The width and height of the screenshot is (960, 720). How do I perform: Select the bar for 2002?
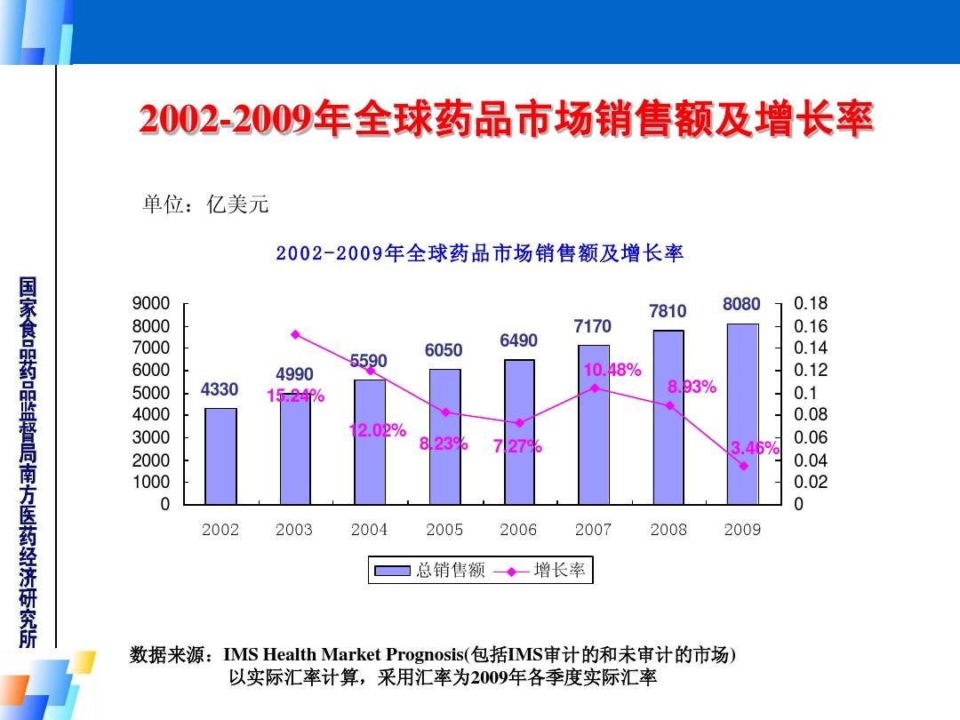[220, 456]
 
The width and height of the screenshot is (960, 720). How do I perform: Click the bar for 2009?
[742, 414]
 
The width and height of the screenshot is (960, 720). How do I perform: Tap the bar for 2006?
[518, 432]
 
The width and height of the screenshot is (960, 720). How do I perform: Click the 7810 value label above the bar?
[668, 311]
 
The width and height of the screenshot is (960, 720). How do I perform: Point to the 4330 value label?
[220, 389]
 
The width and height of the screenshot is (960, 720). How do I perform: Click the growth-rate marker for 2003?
[295, 334]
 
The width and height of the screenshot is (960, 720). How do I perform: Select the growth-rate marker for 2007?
[594, 388]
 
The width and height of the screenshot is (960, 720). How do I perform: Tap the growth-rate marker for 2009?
[743, 466]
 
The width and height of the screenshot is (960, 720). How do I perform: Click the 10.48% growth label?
[612, 370]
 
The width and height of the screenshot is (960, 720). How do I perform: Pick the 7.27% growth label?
[517, 446]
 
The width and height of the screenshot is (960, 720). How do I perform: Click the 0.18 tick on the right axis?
[810, 303]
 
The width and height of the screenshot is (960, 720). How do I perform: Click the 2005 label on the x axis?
[444, 530]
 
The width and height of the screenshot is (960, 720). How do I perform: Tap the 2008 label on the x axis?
[668, 530]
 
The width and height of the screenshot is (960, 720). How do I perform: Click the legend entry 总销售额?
[431, 571]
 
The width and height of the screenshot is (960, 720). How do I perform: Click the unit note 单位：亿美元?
[205, 205]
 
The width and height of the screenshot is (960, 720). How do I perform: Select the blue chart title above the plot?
[480, 253]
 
